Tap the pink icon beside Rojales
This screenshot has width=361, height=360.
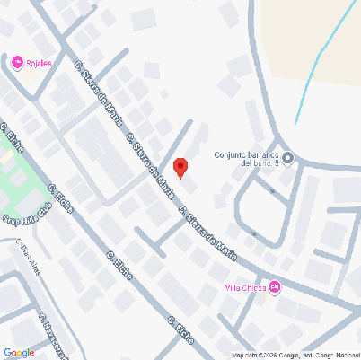pos(18,62)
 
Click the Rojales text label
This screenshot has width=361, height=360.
pos(39,62)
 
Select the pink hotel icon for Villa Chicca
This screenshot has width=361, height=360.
pos(275,287)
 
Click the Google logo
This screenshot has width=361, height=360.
pos(18,352)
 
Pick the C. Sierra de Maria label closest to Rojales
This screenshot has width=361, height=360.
pos(99,93)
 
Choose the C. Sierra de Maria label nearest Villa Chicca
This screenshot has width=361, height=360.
pos(207,233)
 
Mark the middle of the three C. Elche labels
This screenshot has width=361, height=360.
pos(119,266)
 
